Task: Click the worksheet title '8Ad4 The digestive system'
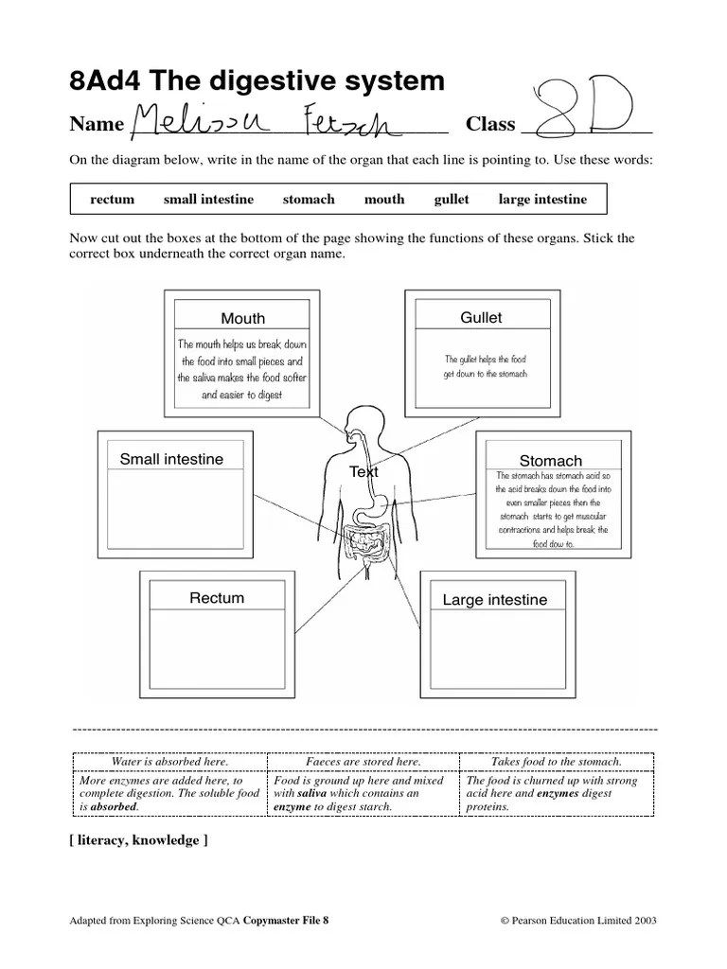(257, 81)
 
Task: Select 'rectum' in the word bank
(112, 200)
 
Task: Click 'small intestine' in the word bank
(208, 200)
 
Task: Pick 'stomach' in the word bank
(309, 200)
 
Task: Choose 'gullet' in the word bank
(452, 200)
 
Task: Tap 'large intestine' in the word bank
(542, 200)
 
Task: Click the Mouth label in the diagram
(243, 319)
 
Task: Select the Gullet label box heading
(481, 318)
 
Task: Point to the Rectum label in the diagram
(217, 598)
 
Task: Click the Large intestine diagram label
(495, 600)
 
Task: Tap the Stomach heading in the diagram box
(551, 461)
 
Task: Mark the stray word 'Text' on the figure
(363, 471)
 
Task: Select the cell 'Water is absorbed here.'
(170, 762)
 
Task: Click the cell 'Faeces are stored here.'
(363, 762)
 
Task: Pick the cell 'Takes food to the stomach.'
(557, 762)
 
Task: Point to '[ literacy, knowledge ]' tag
(138, 840)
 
